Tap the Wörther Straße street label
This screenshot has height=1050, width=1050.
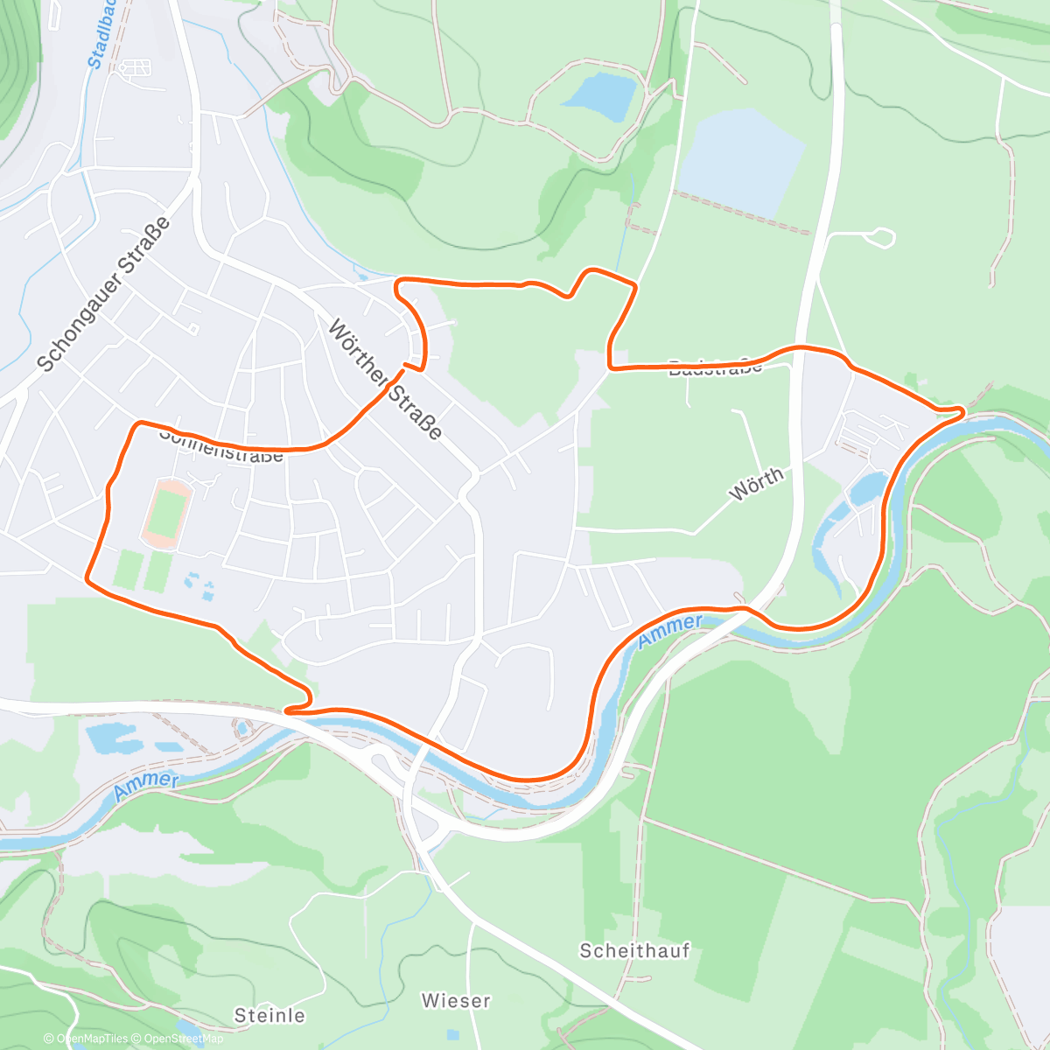tap(385, 380)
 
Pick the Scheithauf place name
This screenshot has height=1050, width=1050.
tap(634, 950)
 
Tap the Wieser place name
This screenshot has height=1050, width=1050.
tap(456, 1000)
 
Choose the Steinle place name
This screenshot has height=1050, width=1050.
tap(269, 1015)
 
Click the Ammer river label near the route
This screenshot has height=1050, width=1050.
tap(669, 631)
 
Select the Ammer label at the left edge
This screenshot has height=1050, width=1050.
tap(146, 785)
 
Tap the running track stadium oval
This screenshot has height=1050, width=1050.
tap(164, 513)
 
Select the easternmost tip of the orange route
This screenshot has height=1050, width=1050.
tap(962, 410)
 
